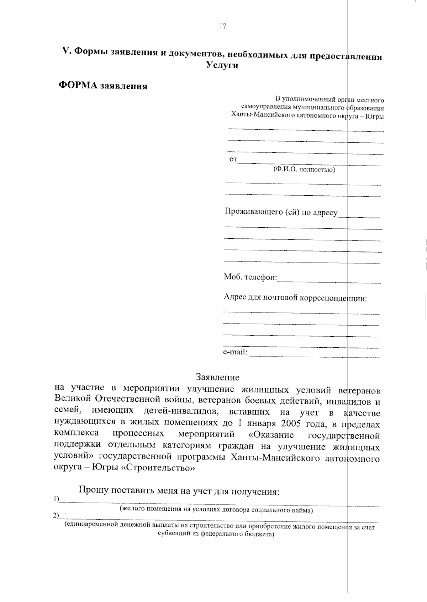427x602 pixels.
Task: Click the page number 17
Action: click(223, 26)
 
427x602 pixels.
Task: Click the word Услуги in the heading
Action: click(222, 66)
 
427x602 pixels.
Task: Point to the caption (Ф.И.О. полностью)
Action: click(304, 170)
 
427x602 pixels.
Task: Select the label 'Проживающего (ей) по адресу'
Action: click(281, 212)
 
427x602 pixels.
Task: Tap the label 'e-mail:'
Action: click(235, 352)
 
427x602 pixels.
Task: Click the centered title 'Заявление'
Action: click(218, 377)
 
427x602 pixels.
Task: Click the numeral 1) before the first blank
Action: click(56, 499)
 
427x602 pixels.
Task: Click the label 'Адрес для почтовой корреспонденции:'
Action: click(295, 298)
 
